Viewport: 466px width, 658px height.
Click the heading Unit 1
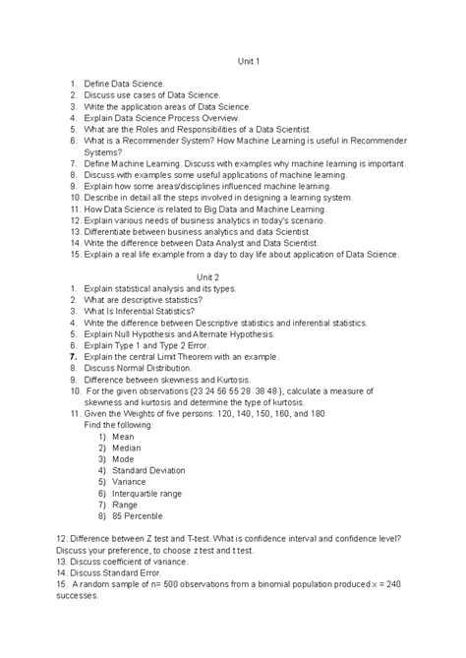[249, 62]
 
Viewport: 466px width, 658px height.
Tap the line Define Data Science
[124, 85]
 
